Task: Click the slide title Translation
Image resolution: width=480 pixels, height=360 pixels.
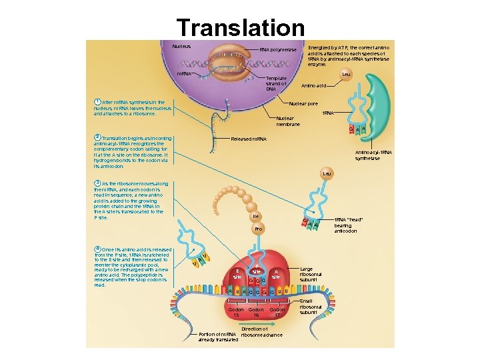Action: [240, 27]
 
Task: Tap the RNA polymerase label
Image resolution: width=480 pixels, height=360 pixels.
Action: [278, 50]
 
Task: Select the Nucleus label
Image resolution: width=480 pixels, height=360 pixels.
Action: [181, 47]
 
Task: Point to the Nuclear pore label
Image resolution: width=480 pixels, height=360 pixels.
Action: [303, 103]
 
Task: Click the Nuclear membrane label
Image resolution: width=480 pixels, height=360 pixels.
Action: [288, 121]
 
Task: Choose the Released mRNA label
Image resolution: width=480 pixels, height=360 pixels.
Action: [248, 139]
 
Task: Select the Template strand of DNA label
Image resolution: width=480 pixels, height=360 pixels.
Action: [276, 83]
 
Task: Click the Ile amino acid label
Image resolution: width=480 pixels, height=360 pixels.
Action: [255, 217]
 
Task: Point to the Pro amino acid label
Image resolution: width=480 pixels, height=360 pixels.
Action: [259, 229]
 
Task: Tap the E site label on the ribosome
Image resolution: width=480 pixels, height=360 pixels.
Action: [237, 274]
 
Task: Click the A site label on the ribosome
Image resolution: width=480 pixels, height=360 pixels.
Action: [277, 274]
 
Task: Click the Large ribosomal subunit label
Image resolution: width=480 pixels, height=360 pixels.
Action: [311, 274]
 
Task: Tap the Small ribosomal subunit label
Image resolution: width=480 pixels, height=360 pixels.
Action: [310, 307]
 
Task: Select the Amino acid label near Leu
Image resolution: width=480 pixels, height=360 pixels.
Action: [313, 86]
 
